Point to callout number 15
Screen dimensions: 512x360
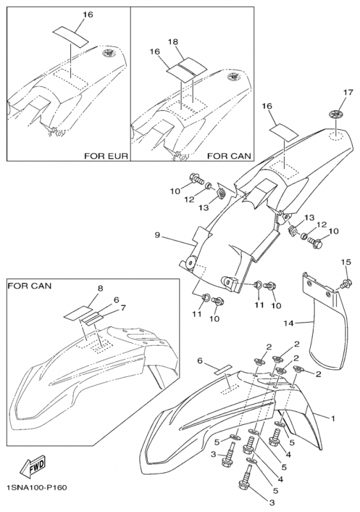point(346,262)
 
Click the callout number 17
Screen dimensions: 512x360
point(348,93)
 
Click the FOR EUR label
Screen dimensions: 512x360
point(106,156)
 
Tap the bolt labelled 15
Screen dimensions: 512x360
point(347,282)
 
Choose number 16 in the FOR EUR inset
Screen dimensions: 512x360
point(86,13)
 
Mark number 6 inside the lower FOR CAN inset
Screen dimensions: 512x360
point(116,299)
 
